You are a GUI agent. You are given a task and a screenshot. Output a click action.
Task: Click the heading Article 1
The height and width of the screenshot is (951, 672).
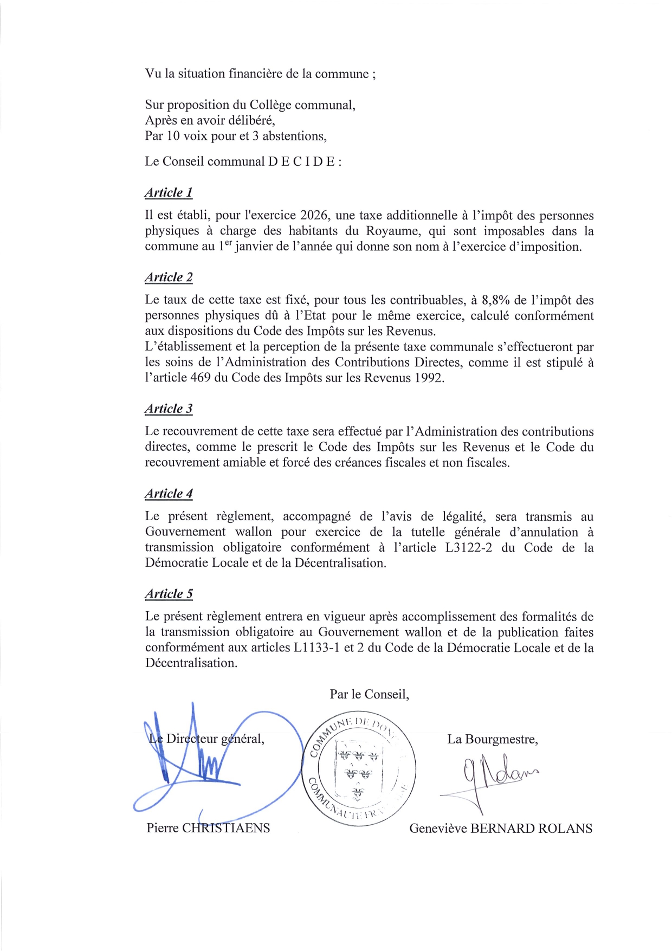[169, 192]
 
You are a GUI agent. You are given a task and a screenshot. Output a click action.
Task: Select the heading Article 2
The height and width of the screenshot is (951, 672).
[169, 277]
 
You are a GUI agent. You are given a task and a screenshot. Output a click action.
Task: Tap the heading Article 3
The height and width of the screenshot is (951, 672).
[169, 409]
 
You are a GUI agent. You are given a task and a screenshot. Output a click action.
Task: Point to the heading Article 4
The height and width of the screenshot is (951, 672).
[169, 494]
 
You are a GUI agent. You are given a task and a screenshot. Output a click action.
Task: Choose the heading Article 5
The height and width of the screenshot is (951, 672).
[169, 594]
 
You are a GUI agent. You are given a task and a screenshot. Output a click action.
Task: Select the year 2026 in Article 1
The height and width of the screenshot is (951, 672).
[314, 216]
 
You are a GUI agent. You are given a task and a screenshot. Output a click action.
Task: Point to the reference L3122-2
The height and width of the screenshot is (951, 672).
[468, 547]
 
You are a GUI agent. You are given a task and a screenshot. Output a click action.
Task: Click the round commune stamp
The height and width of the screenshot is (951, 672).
[358, 769]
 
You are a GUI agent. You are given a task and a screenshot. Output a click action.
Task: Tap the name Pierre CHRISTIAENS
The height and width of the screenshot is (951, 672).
[208, 828]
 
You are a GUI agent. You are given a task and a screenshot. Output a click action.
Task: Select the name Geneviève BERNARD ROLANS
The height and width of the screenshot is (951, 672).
[500, 829]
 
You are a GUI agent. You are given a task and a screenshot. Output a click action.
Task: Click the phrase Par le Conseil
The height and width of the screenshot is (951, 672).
[369, 694]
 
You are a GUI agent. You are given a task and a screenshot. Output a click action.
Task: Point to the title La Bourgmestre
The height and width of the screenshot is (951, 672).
[492, 739]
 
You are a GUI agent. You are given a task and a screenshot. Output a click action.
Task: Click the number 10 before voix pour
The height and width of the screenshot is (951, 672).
[173, 135]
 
